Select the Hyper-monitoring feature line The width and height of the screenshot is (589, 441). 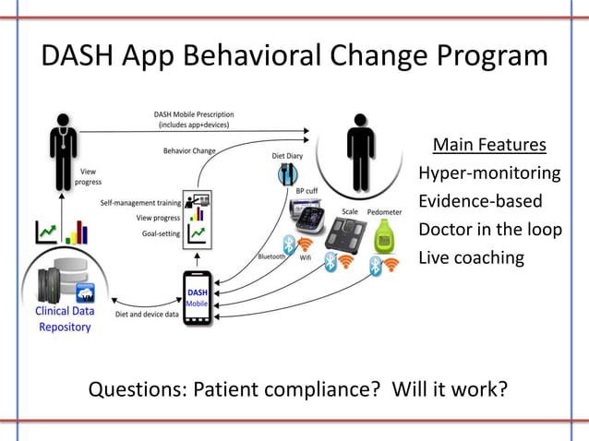489,173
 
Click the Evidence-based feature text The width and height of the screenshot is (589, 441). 480,201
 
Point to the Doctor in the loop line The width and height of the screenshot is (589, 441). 489,229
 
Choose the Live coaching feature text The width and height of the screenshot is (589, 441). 471,257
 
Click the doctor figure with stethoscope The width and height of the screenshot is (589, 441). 63,149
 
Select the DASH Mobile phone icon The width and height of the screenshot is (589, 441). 197,297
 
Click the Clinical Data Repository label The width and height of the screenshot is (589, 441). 65,318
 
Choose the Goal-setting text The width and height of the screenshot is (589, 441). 158,234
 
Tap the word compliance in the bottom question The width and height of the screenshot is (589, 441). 319,388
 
